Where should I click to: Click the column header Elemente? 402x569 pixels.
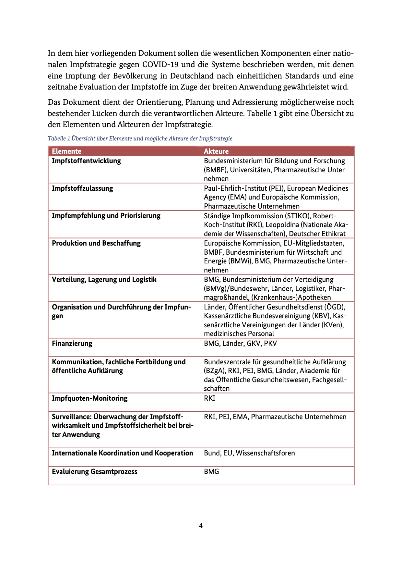pos(66,151)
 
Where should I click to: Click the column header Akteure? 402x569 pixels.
pos(216,151)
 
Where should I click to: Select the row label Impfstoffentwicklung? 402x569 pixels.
pos(86,161)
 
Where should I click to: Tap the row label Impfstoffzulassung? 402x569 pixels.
pos(82,188)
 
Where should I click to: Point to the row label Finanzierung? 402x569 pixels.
pos(72,344)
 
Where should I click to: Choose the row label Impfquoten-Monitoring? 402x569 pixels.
pos(89,398)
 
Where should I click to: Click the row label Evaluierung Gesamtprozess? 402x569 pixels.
pos(94,472)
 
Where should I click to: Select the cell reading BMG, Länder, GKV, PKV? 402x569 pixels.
pos(240,344)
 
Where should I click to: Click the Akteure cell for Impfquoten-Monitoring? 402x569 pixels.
pos(209,398)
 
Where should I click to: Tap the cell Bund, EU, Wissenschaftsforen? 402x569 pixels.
pos(249,453)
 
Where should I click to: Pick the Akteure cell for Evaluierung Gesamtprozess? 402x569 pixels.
pos(211,472)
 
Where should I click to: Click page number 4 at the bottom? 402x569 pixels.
pos(201,526)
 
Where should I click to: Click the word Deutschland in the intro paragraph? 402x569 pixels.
pos(192,76)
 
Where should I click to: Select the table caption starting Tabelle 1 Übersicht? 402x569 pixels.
pos(140,139)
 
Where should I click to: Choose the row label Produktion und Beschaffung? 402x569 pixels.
pos(96,243)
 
